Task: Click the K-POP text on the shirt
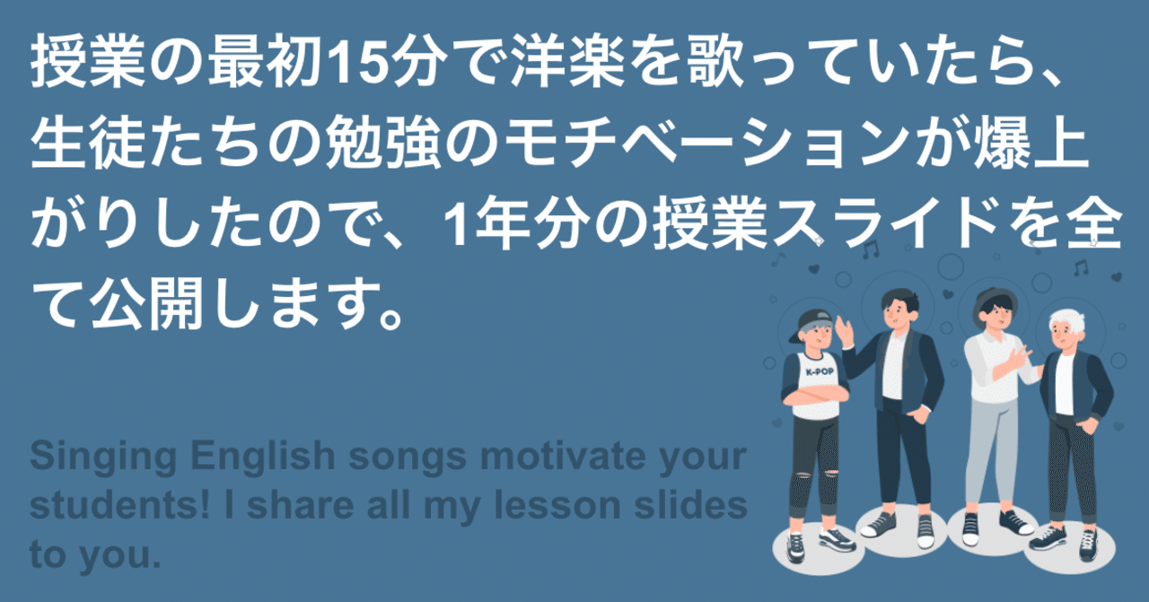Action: point(820,371)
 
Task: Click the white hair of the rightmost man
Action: point(1068,321)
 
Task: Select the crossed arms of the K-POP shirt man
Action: point(816,394)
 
